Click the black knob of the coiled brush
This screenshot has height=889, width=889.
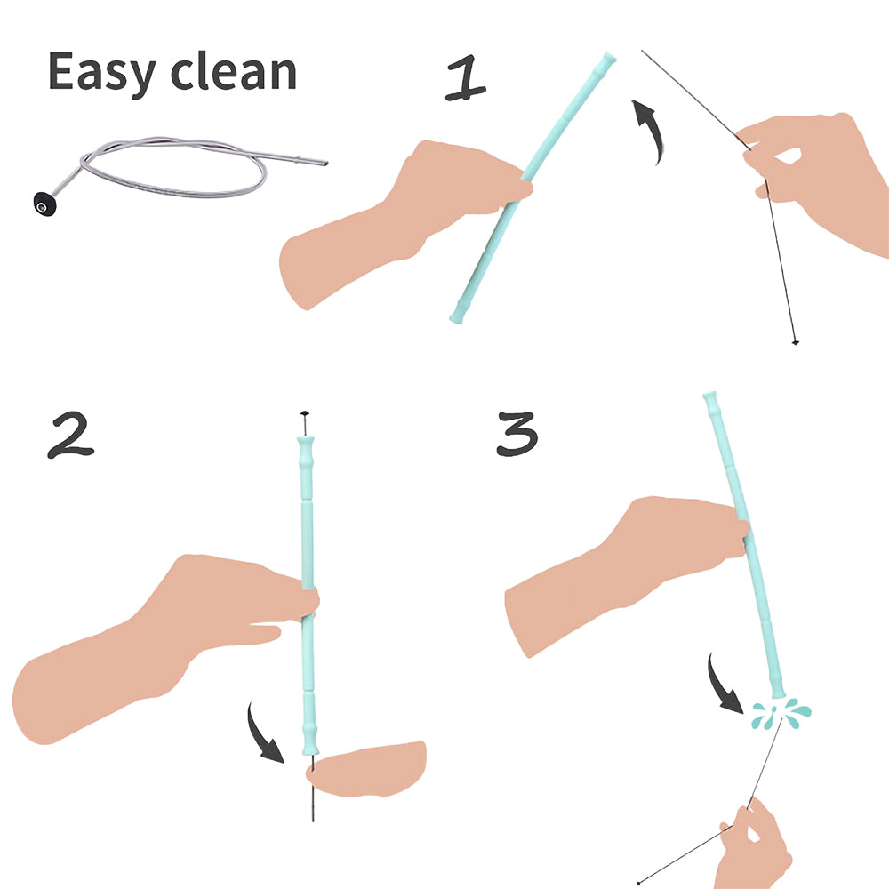click(40, 203)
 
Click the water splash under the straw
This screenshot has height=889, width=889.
click(781, 710)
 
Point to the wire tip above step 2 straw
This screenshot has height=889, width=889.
click(304, 415)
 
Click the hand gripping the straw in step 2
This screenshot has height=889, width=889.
click(178, 631)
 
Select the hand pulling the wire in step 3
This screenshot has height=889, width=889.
click(753, 845)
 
